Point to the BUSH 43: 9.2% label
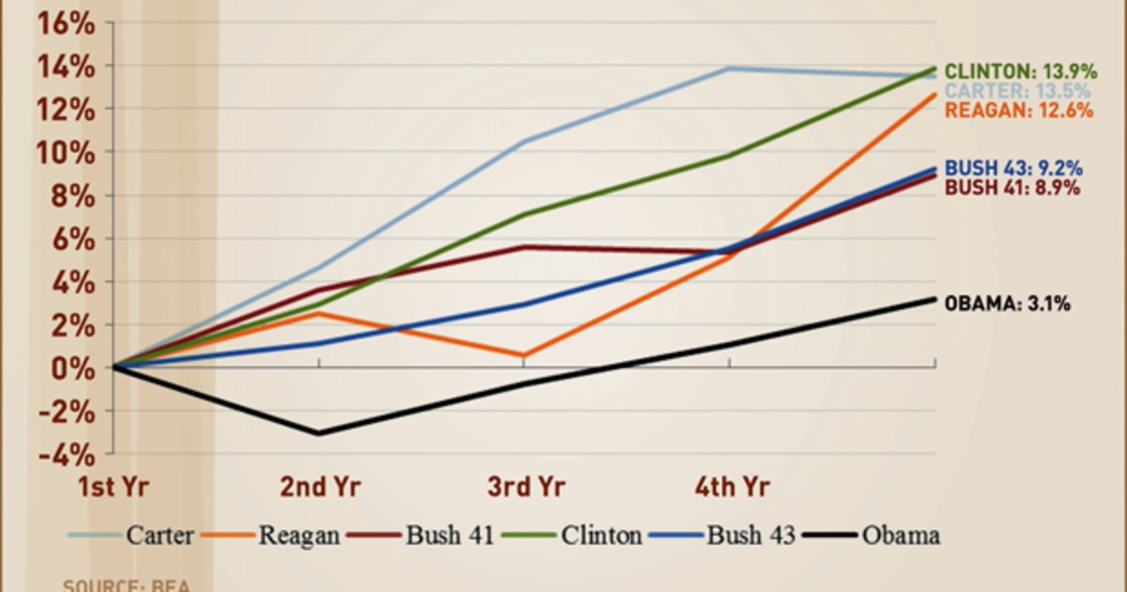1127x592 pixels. (1013, 169)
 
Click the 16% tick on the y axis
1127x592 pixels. (65, 23)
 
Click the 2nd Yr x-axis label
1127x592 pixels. (319, 487)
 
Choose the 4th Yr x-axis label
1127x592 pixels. (733, 487)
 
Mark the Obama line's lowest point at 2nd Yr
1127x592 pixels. (319, 433)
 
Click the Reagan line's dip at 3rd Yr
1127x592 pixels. (524, 356)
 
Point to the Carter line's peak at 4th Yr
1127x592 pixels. (731, 69)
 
